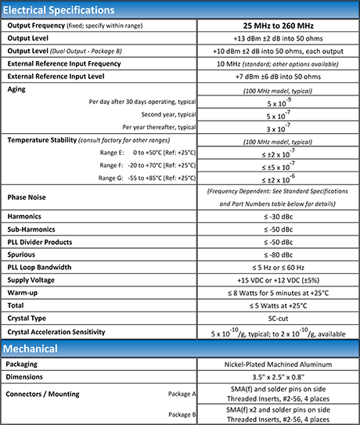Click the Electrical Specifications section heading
point(59,10)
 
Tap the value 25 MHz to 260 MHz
point(279,26)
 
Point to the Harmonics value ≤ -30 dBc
point(279,215)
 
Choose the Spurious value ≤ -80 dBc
point(279,255)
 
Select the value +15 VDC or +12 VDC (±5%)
point(279,280)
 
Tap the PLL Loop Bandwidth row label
point(46,268)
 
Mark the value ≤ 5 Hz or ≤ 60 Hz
point(279,268)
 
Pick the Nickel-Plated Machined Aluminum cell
point(279,365)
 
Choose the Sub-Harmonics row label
point(34,229)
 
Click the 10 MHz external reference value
point(279,63)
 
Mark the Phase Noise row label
point(30,196)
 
